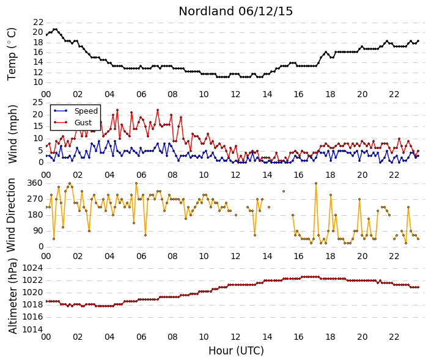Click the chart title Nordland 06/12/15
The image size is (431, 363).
(x=235, y=11)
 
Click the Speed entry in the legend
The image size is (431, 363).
(x=86, y=111)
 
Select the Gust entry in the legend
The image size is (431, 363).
(x=83, y=123)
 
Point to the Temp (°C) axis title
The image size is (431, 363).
(x=12, y=54)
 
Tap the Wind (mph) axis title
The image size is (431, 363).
(x=13, y=134)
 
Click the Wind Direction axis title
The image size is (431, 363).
(x=11, y=215)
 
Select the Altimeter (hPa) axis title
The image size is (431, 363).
(x=13, y=296)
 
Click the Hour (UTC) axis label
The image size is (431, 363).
(x=236, y=351)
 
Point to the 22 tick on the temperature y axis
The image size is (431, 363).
(x=38, y=22)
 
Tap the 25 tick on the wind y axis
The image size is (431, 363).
(x=38, y=103)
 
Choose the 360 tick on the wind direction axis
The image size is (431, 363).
(x=35, y=183)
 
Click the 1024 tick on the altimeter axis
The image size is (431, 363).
(x=33, y=268)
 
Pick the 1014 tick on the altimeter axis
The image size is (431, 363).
(x=33, y=329)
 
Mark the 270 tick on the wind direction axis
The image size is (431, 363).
(x=35, y=199)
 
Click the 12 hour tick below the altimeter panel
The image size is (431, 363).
(x=235, y=337)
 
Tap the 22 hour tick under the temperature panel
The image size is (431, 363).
(x=394, y=95)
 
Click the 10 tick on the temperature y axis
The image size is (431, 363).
(x=38, y=82)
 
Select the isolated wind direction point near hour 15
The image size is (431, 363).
(x=284, y=191)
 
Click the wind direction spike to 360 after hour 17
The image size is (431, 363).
(x=316, y=183)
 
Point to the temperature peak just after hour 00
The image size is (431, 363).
(x=55, y=29)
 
